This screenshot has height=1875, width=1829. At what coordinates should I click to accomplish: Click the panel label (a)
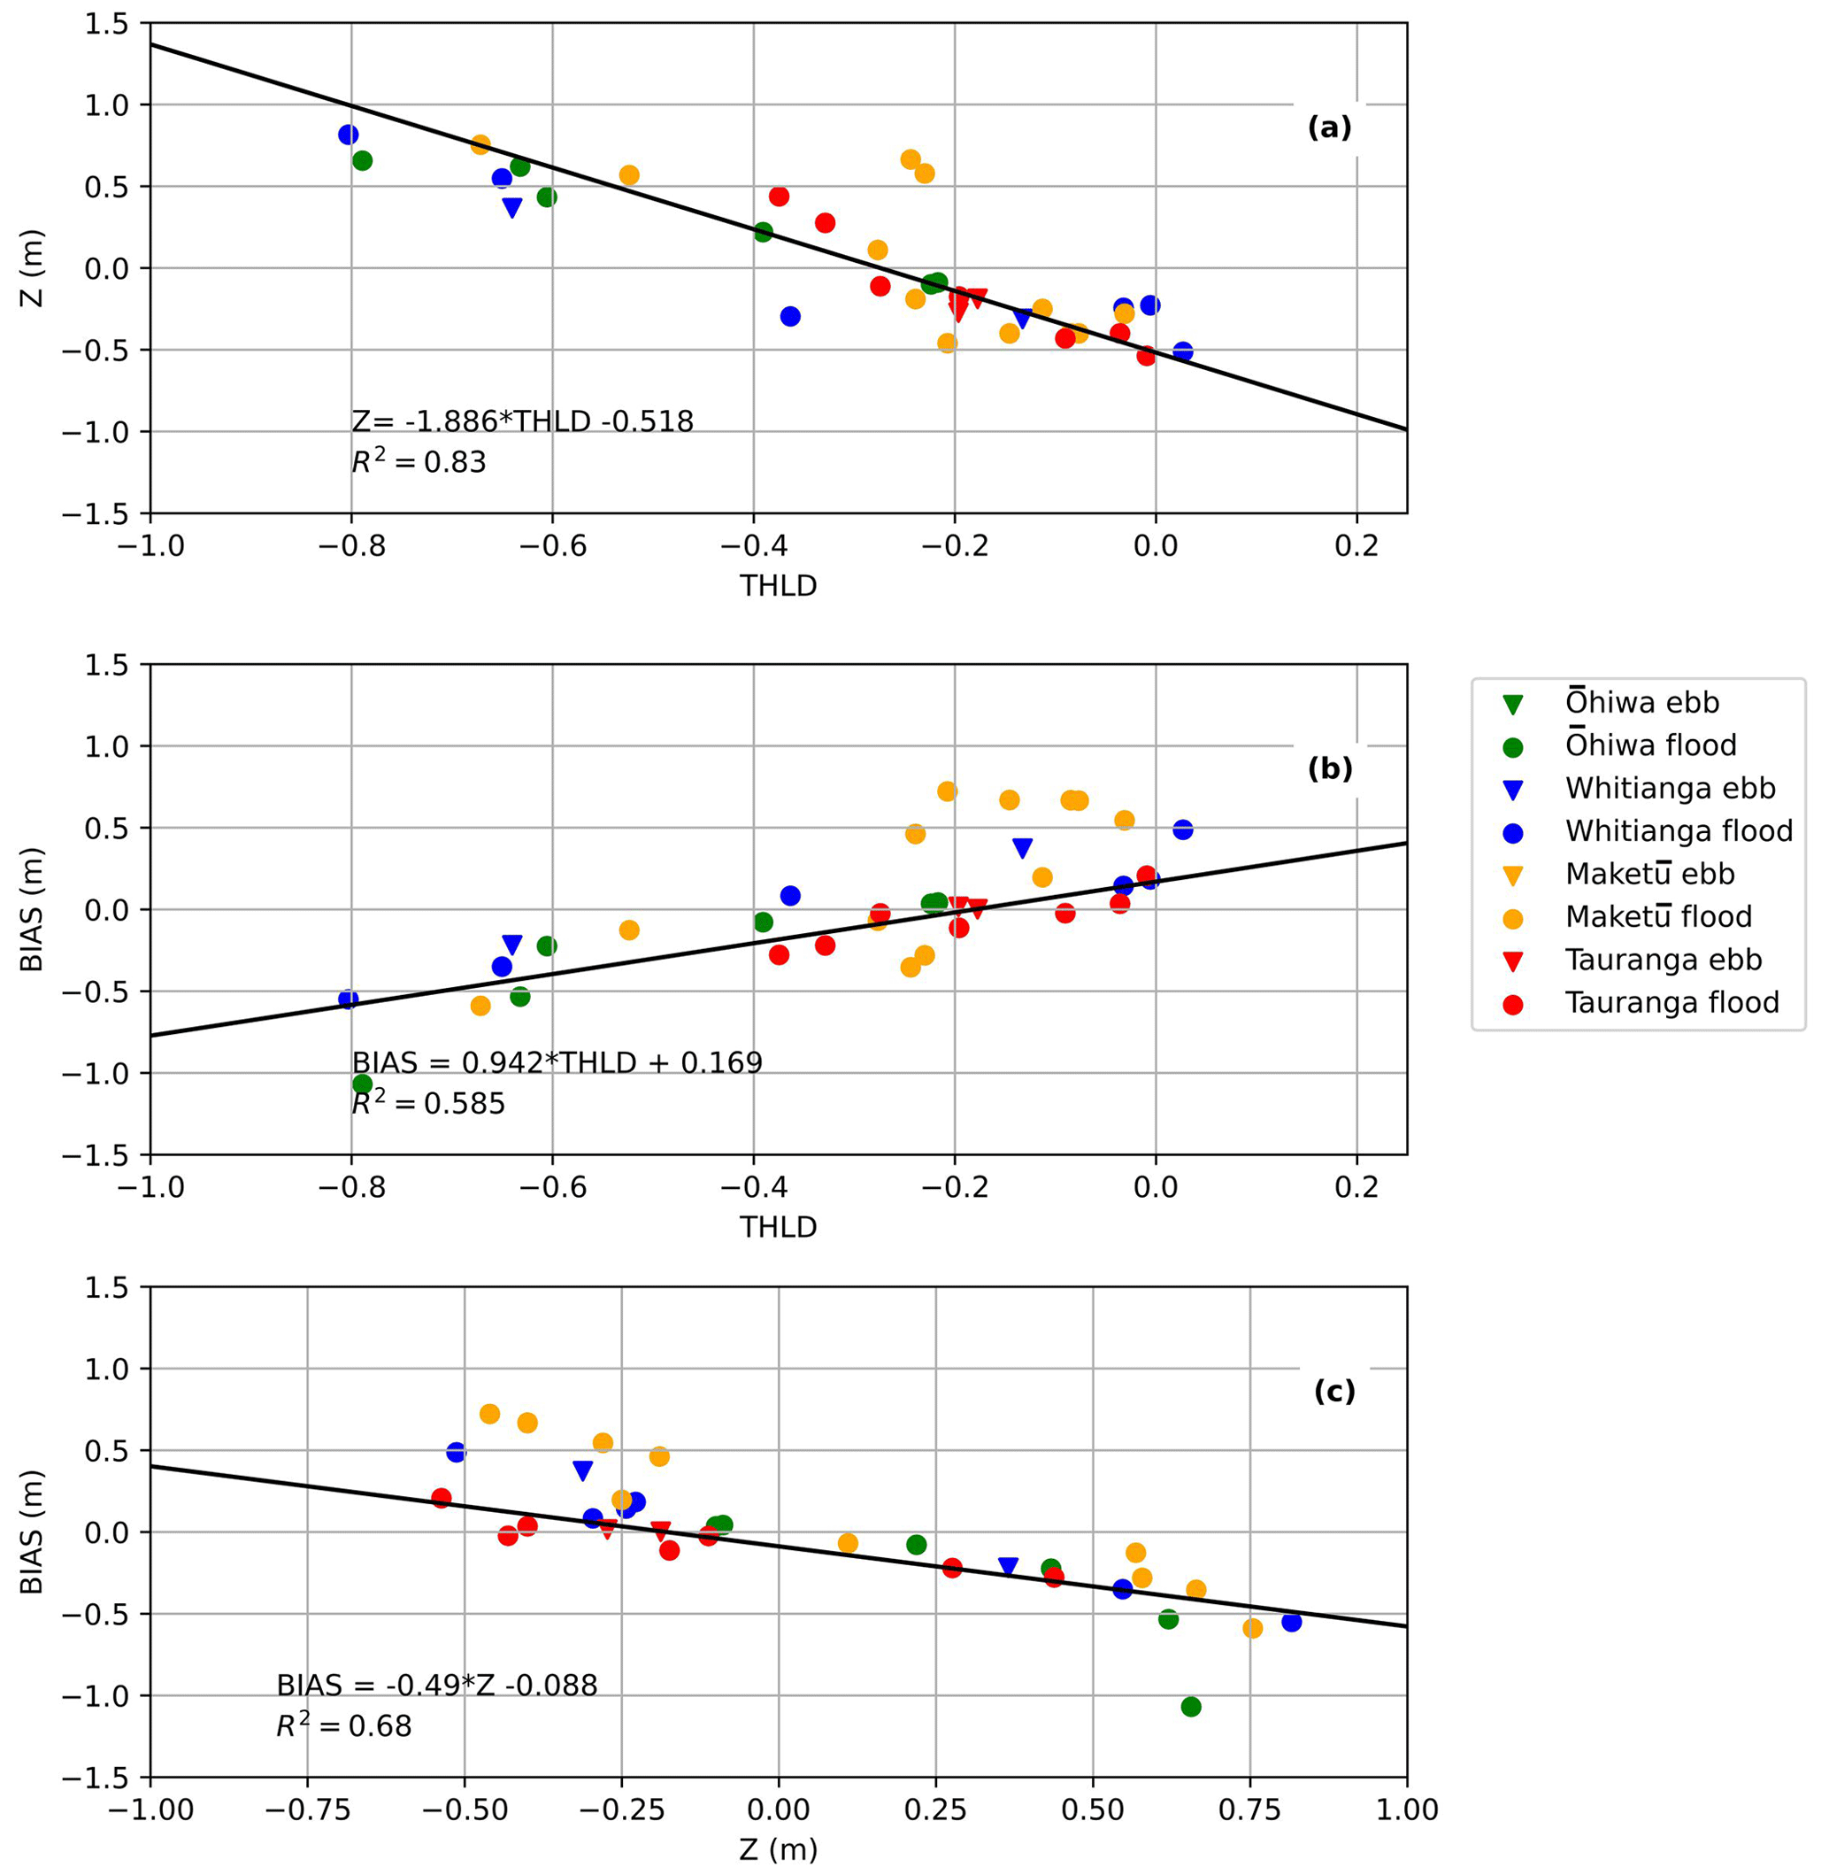tap(1329, 127)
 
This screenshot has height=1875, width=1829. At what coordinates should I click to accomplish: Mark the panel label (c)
tap(1334, 1392)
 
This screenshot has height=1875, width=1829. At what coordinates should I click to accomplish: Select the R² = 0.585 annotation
tap(428, 1103)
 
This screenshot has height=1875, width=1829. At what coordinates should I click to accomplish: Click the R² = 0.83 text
tap(419, 462)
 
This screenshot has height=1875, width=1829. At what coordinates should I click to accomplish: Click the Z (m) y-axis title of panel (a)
tap(34, 268)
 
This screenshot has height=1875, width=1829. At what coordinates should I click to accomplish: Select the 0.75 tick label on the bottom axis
tap(1249, 1810)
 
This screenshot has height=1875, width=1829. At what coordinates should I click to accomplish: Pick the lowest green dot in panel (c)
tap(1191, 1707)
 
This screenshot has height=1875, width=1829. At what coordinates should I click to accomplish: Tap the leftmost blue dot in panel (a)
tap(349, 135)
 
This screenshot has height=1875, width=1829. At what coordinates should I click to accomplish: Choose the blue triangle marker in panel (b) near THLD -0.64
tap(512, 945)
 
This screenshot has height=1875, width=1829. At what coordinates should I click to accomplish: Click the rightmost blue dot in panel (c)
tap(1291, 1622)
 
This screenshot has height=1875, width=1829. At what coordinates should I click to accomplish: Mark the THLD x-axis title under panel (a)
tap(778, 585)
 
